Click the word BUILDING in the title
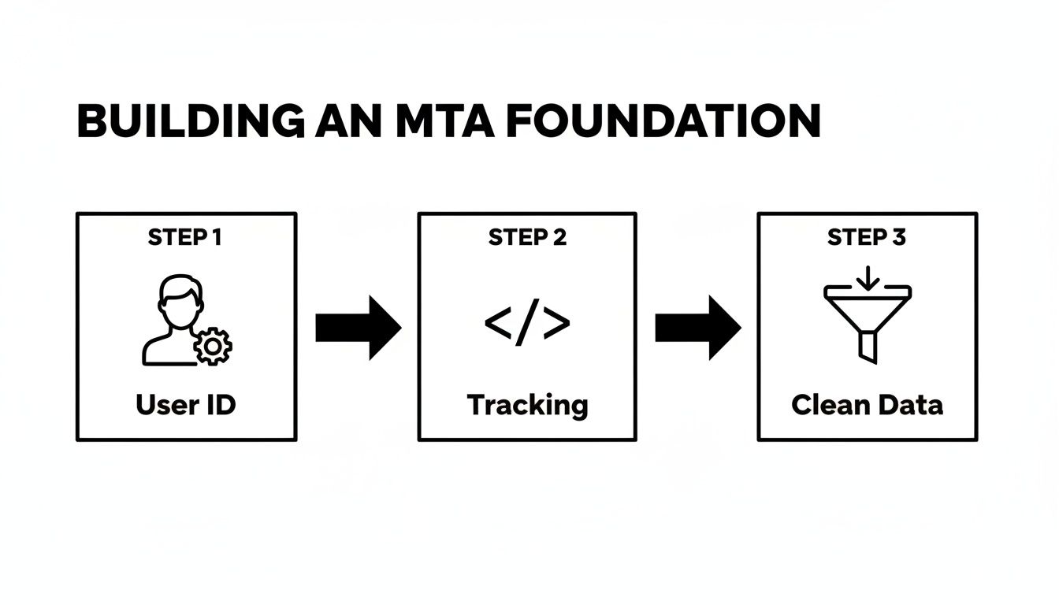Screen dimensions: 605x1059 pos(189,122)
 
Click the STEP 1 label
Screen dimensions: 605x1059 pos(185,238)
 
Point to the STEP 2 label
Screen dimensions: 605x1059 pos(527,238)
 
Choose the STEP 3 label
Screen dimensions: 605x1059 pos(867,238)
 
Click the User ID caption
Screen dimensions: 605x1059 pos(186,405)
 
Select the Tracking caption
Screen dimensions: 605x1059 pos(527,406)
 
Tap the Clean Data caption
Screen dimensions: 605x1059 pos(867,405)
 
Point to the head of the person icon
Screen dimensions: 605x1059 pos(180,299)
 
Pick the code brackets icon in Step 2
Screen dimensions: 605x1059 pos(527,324)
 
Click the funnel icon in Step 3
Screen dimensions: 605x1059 pos(868,319)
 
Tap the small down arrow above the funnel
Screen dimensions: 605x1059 pos(868,277)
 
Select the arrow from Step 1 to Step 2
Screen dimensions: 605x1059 pos(358,328)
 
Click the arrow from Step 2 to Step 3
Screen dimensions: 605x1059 pos(698,328)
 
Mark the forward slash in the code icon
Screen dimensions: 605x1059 pos(527,324)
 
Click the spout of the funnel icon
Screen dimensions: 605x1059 pos(868,347)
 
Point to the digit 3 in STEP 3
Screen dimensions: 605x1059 pos(899,238)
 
